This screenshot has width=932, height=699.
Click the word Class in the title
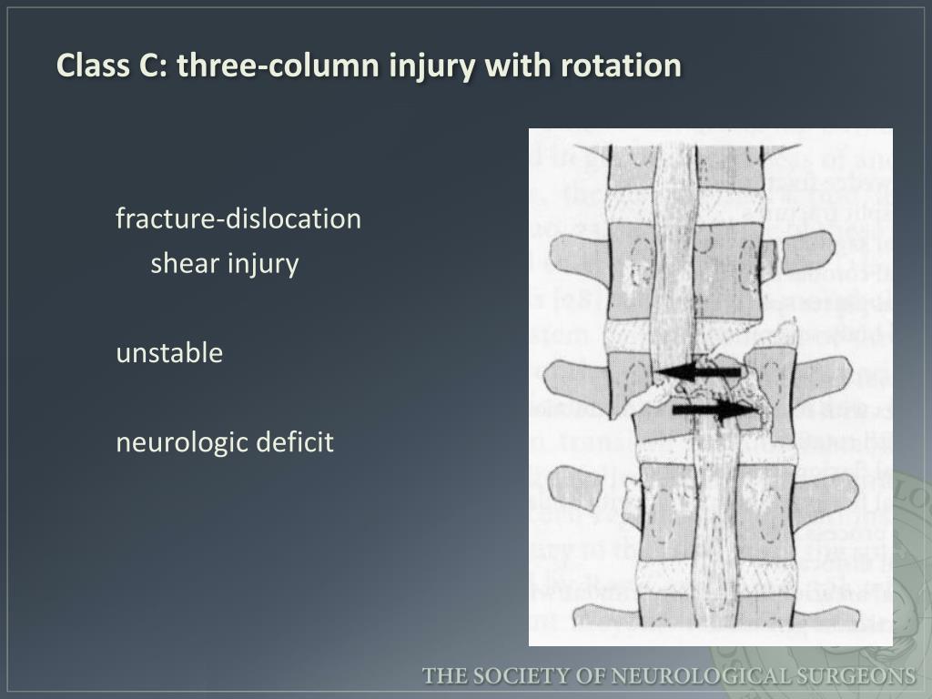pyautogui.click(x=84, y=66)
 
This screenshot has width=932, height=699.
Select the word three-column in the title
pyautogui.click(x=264, y=66)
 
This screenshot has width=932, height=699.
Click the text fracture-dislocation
pyautogui.click(x=238, y=219)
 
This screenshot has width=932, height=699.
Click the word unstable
pyautogui.click(x=169, y=353)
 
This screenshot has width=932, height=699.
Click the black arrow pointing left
pyautogui.click(x=698, y=372)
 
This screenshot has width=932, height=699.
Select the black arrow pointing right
pyautogui.click(x=714, y=410)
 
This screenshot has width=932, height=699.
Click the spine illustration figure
pyautogui.click(x=710, y=387)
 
